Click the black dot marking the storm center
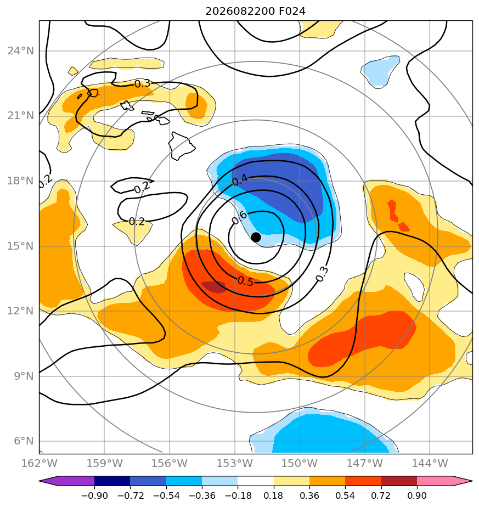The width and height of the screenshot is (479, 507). (256, 238)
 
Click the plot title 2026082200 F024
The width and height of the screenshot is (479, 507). (255, 12)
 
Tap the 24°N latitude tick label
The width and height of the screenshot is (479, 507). (21, 51)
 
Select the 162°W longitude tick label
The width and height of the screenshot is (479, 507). (39, 463)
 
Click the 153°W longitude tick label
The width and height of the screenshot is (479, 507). (234, 463)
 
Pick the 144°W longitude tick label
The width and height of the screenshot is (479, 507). (430, 463)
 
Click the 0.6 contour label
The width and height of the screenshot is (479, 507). (239, 217)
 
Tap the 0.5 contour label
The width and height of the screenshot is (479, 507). (245, 281)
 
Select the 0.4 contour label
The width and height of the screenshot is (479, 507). (240, 180)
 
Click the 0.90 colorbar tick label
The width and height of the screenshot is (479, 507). (417, 495)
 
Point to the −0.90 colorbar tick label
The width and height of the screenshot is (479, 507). (94, 495)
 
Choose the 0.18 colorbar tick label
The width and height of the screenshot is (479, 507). (274, 495)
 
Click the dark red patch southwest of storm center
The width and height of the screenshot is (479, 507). (214, 287)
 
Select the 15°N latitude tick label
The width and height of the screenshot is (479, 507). (21, 246)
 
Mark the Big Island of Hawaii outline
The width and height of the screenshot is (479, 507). (182, 146)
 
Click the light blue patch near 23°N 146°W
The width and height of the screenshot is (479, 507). (380, 71)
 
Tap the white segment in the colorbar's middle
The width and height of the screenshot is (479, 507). (256, 481)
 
